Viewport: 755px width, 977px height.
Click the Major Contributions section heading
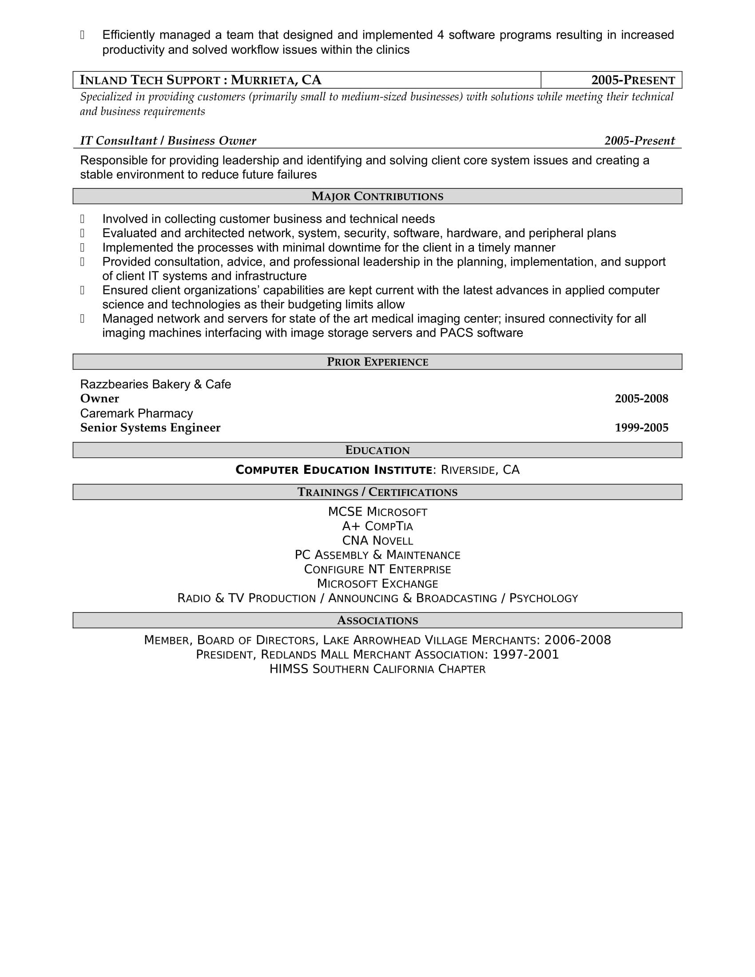point(377,196)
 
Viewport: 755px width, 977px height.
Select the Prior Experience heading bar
point(377,362)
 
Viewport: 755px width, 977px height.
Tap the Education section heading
point(377,450)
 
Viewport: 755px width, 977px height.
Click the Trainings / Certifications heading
point(377,492)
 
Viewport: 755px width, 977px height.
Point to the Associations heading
point(377,620)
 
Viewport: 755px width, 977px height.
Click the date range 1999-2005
point(641,428)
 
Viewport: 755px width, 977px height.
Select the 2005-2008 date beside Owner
point(641,399)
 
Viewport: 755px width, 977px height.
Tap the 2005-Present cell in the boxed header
point(632,80)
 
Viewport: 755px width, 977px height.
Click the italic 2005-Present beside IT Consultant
point(639,141)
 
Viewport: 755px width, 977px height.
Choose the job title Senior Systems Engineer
point(150,428)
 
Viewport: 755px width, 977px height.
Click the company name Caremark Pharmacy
point(136,413)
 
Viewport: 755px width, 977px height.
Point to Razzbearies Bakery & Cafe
point(155,384)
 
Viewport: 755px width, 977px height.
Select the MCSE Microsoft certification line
point(377,512)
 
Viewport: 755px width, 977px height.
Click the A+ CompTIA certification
point(377,526)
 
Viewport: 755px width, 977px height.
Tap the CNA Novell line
point(377,541)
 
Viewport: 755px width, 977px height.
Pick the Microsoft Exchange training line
point(377,584)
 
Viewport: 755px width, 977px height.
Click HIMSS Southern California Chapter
point(377,669)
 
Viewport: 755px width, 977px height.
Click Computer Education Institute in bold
point(334,470)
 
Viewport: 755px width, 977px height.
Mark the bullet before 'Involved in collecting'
point(82,219)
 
